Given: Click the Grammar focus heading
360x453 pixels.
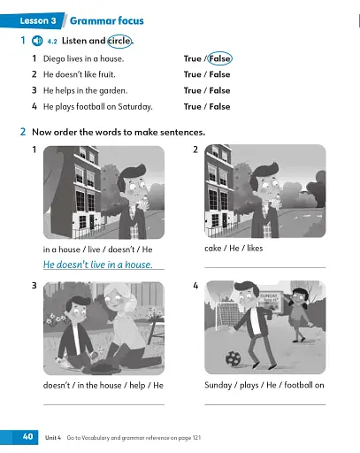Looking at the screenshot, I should coord(106,19).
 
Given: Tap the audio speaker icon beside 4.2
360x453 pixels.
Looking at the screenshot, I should coord(37,41).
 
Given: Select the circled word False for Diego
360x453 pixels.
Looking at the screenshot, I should coord(219,59).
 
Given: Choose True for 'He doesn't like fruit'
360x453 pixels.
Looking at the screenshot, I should coord(192,75).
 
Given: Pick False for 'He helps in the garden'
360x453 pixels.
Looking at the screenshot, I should coord(219,90).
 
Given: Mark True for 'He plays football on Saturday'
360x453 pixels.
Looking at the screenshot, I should coord(192,106).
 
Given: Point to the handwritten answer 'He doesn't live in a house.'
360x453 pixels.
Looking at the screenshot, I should coord(98,265).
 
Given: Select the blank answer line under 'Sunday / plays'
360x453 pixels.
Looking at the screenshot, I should coord(264,403).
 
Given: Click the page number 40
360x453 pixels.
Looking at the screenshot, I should coord(27,436).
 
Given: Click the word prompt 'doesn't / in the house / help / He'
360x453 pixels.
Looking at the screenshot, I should coord(103,386).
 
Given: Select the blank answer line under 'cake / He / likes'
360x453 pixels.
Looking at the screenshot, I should coord(264,266).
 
